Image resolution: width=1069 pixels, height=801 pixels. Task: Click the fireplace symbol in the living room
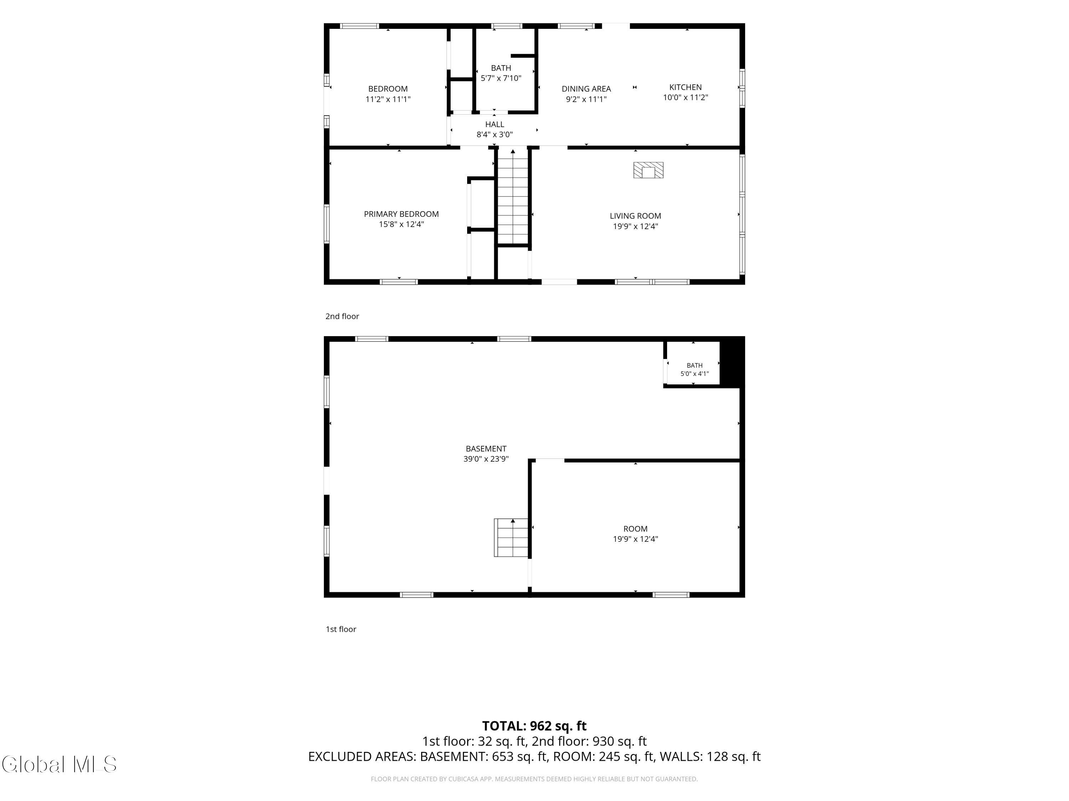click(648, 170)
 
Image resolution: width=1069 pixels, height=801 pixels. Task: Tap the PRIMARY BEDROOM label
click(401, 214)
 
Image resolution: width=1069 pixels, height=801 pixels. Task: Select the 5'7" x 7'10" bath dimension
click(501, 78)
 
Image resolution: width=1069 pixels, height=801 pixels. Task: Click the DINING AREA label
click(586, 89)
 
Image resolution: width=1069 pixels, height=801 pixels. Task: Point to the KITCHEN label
click(685, 87)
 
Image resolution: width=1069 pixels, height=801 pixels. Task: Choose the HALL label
click(494, 125)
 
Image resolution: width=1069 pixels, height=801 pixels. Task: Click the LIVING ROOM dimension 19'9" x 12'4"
click(635, 226)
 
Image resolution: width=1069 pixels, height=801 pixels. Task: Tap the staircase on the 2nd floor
click(513, 197)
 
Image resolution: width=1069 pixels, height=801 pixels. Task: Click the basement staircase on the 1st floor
click(511, 537)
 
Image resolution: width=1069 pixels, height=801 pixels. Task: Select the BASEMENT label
click(486, 449)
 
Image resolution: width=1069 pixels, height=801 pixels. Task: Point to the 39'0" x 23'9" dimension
click(486, 459)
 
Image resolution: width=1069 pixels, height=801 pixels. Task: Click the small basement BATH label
click(694, 366)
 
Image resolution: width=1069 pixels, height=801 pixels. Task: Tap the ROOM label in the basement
click(635, 529)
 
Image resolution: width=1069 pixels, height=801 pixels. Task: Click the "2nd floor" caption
click(342, 316)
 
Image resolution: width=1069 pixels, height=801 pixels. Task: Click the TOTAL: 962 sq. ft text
click(534, 726)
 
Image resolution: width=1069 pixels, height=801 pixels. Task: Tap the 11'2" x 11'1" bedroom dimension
click(388, 99)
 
